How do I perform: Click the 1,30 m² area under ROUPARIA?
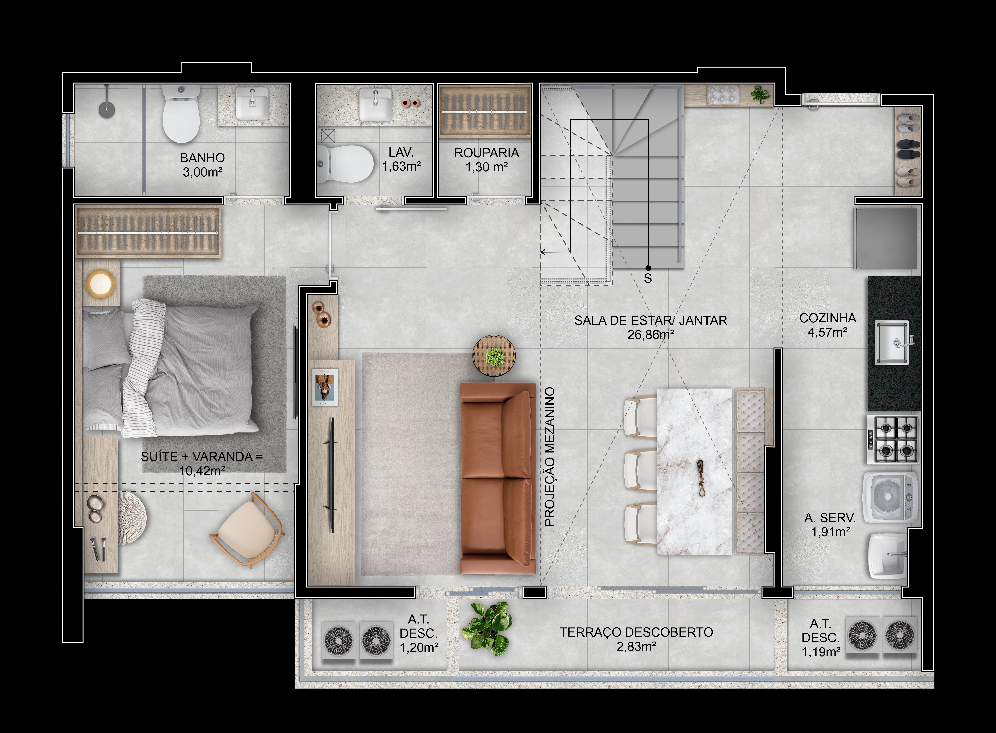(x=486, y=167)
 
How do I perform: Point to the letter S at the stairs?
(x=648, y=279)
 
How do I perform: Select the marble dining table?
(x=694, y=472)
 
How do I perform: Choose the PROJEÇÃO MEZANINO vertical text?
(x=550, y=457)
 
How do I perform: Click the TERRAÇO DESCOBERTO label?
(x=636, y=632)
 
